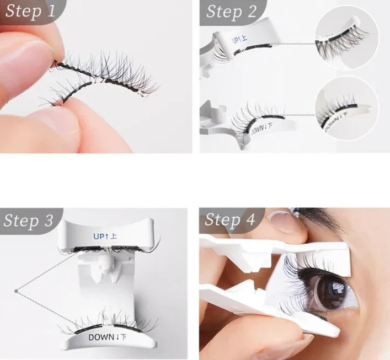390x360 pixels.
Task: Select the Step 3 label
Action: [29, 220]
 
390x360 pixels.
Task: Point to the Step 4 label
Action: [231, 220]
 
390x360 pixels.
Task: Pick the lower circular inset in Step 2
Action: [346, 108]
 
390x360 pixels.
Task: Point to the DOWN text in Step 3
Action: [108, 337]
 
